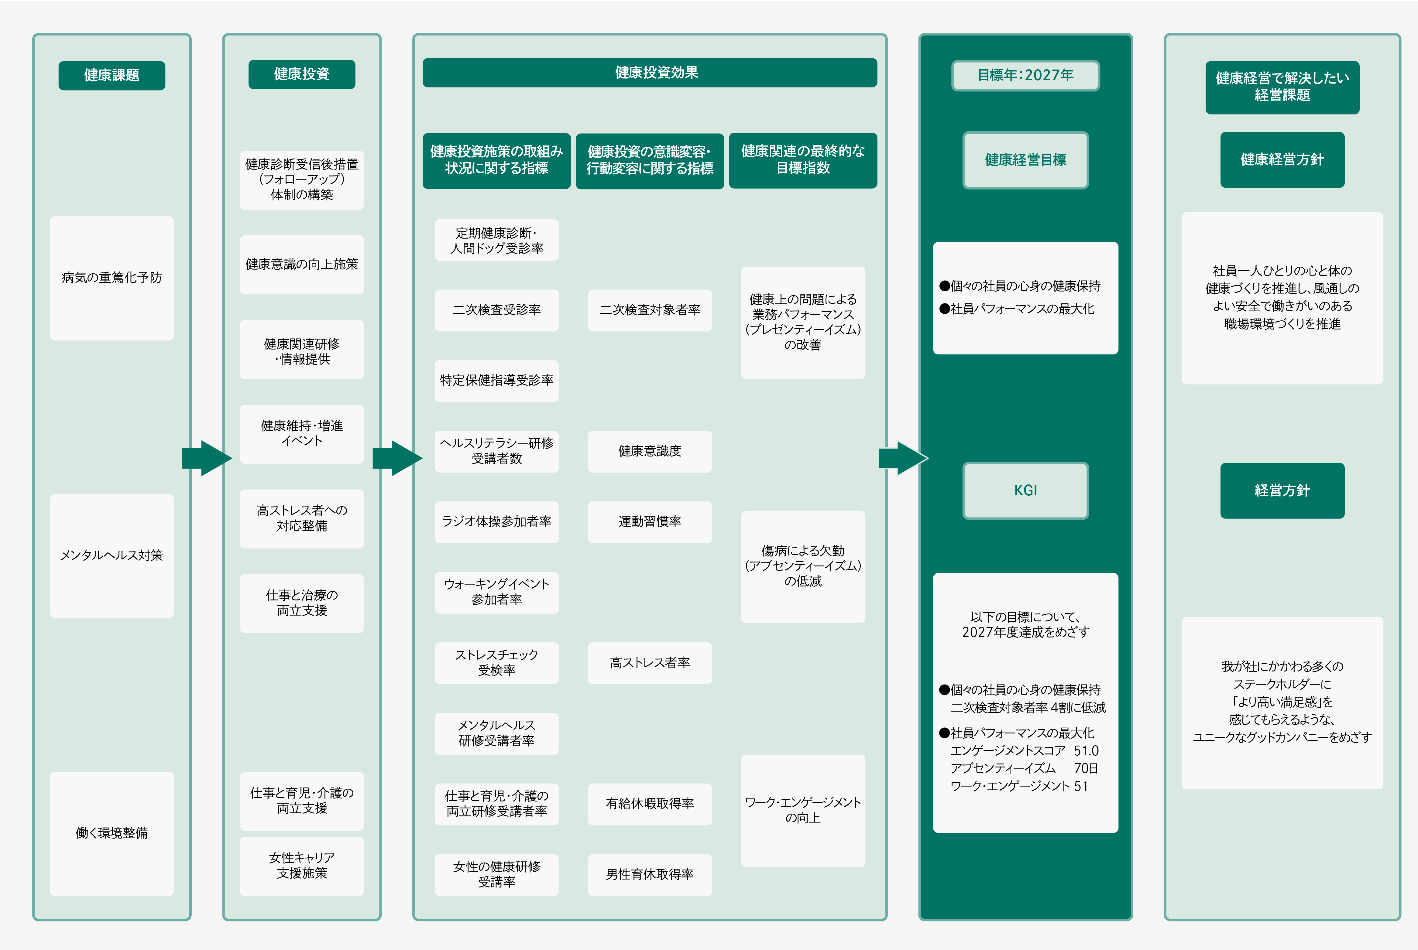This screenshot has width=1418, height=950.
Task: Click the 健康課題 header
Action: (112, 75)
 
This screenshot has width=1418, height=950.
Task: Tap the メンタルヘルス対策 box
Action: (112, 555)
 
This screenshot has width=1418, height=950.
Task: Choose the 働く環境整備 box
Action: (112, 833)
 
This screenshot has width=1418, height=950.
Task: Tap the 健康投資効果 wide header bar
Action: (650, 73)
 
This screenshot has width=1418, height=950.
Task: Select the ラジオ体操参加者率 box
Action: (496, 522)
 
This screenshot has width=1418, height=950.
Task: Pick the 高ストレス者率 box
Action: (650, 663)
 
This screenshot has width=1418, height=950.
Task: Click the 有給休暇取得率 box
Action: (650, 804)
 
